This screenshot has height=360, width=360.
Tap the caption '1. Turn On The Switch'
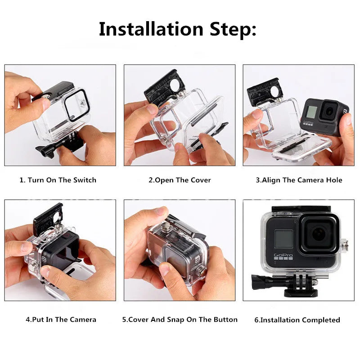click(58, 180)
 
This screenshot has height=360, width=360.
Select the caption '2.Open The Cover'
click(180, 180)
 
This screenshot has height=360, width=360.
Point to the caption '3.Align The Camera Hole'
click(299, 180)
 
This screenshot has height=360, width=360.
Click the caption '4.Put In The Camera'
click(61, 319)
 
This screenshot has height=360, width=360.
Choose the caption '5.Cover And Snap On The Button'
click(180, 319)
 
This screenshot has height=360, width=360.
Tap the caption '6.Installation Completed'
click(297, 320)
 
